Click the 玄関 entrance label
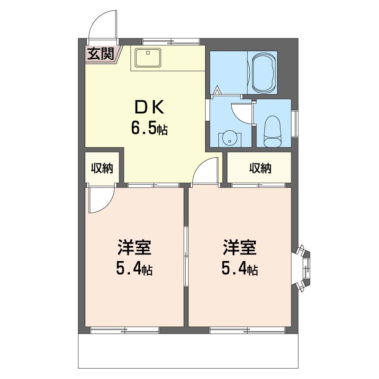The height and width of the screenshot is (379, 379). point(100,54)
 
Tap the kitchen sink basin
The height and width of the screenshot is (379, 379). point(148,57)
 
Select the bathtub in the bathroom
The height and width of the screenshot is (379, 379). point(263,72)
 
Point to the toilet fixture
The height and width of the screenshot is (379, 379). point(273,132)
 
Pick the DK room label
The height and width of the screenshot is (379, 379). point(149,108)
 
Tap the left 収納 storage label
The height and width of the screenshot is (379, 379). point(102,168)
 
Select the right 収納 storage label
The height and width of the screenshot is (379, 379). point(260,168)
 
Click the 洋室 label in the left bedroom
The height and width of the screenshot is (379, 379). point(135,247)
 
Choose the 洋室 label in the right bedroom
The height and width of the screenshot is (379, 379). point(240,247)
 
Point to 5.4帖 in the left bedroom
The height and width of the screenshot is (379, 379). point(135,268)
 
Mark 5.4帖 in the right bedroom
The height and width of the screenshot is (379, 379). point(240,268)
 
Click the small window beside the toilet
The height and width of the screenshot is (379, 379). point(295,123)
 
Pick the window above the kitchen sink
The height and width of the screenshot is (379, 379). point(171,42)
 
